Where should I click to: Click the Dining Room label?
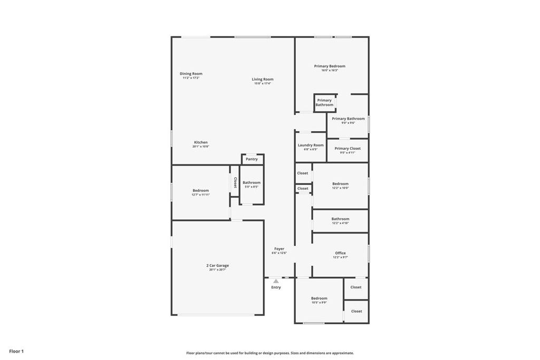pyautogui.click(x=191, y=74)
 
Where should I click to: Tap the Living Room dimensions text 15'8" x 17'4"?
pyautogui.click(x=262, y=83)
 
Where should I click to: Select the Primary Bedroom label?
pyautogui.click(x=330, y=66)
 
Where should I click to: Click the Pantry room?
pyautogui.click(x=252, y=159)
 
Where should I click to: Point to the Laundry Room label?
pyautogui.click(x=311, y=145)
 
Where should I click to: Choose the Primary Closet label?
pyautogui.click(x=348, y=149)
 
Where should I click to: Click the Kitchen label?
pyautogui.click(x=201, y=142)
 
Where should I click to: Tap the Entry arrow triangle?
pyautogui.click(x=276, y=281)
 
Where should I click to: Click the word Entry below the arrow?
pyautogui.click(x=276, y=287)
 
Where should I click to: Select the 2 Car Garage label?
pyautogui.click(x=217, y=266)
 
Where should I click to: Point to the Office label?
pyautogui.click(x=340, y=253)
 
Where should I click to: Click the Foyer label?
pyautogui.click(x=279, y=249)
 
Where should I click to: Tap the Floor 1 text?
pyautogui.click(x=16, y=351)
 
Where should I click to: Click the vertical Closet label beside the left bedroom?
pyautogui.click(x=235, y=182)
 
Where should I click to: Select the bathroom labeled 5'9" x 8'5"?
pyautogui.click(x=252, y=184)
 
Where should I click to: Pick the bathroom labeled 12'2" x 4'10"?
pyautogui.click(x=340, y=220)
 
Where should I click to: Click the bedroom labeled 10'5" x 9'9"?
pyautogui.click(x=319, y=300)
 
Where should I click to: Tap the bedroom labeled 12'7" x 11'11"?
pyautogui.click(x=200, y=192)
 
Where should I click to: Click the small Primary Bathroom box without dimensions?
pyautogui.click(x=324, y=102)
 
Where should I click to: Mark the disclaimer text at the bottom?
pyautogui.click(x=269, y=353)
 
